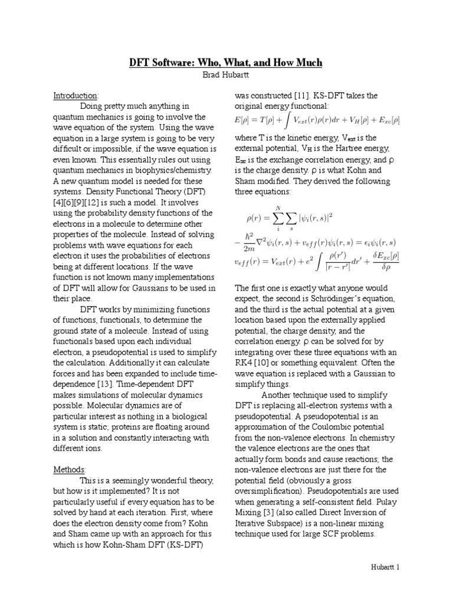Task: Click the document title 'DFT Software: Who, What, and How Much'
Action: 226,63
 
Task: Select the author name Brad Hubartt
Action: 226,76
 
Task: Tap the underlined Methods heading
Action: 70,469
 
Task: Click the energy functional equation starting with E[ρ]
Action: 317,121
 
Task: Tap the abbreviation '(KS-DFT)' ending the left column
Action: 185,544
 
